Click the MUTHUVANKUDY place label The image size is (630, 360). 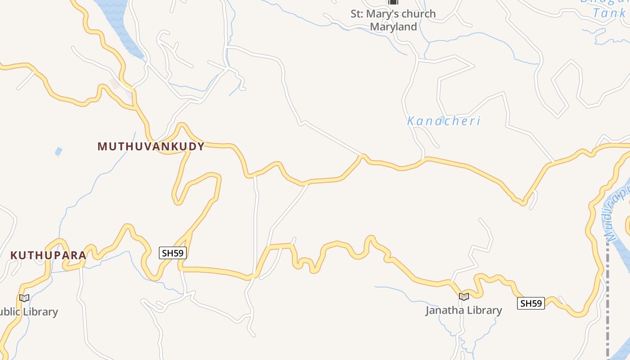click(x=151, y=146)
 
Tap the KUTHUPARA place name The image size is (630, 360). click(x=48, y=255)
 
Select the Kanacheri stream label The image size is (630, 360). click(x=444, y=121)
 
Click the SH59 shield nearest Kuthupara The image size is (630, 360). click(x=173, y=253)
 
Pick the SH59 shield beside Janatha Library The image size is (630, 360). click(x=531, y=303)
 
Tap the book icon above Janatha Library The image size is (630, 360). click(x=464, y=297)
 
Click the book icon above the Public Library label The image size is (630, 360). click(x=24, y=298)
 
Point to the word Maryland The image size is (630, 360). click(x=393, y=27)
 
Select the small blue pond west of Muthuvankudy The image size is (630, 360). click(x=58, y=152)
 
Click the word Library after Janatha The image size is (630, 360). click(x=484, y=310)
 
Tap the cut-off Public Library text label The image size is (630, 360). click(x=28, y=312)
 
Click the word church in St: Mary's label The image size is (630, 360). click(x=419, y=14)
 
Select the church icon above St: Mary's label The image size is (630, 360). click(x=393, y=2)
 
